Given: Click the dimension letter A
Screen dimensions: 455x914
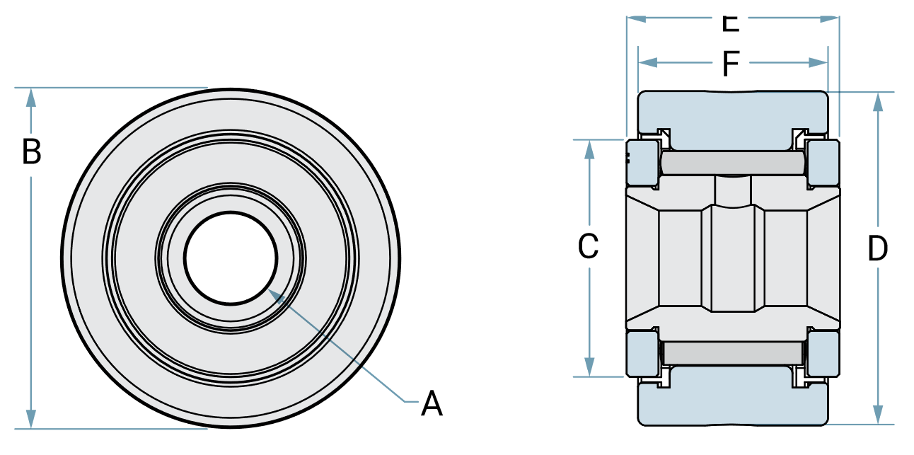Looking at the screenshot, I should click(x=432, y=404).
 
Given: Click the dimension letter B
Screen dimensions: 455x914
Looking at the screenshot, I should click(x=31, y=152).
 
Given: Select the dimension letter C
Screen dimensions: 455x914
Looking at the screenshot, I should click(x=589, y=247).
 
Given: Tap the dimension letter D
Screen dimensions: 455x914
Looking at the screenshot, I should click(x=877, y=249).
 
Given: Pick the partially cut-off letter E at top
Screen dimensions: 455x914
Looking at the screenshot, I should click(x=731, y=23).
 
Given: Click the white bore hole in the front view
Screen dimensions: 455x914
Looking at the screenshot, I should click(x=231, y=258).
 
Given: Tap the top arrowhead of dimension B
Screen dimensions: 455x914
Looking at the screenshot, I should click(x=31, y=96).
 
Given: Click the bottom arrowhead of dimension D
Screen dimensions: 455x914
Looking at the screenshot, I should click(x=878, y=416).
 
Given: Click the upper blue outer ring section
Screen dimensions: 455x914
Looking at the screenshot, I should click(x=733, y=117).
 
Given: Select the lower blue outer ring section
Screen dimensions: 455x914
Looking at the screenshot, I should click(x=733, y=400).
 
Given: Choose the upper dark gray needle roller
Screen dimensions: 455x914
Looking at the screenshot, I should click(x=733, y=163).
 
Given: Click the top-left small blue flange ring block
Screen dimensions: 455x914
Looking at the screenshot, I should click(x=643, y=162).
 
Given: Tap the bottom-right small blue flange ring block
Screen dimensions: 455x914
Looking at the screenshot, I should click(x=823, y=354).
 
